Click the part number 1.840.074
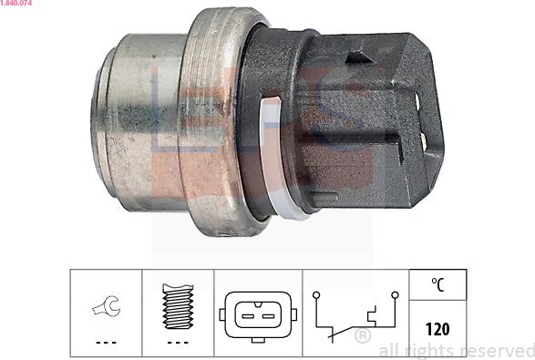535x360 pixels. tap(19, 4)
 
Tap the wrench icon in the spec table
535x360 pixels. tap(106, 309)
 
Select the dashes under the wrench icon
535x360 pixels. tap(106, 343)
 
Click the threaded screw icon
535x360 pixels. tap(178, 305)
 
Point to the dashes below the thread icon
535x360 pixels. tap(178, 343)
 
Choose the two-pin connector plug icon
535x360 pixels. tap(257, 315)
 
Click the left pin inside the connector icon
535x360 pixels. tap(248, 315)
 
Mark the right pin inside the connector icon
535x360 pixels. tap(267, 315)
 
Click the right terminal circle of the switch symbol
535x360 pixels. tap(394, 296)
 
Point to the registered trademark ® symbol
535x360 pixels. tap(362, 337)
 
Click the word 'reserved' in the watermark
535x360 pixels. tap(496, 351)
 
